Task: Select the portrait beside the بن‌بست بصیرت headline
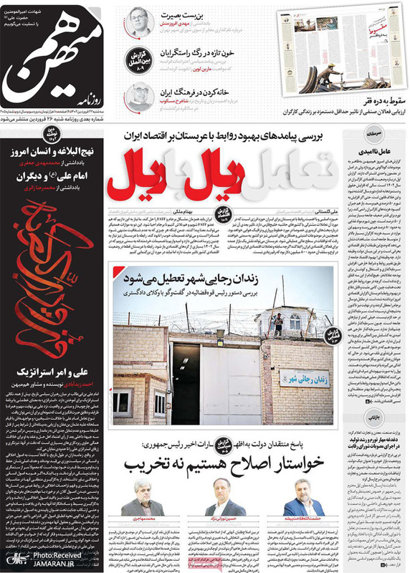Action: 136,23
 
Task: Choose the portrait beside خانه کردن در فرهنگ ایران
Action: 137,96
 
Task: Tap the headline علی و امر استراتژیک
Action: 53,372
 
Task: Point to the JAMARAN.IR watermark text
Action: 57,564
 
